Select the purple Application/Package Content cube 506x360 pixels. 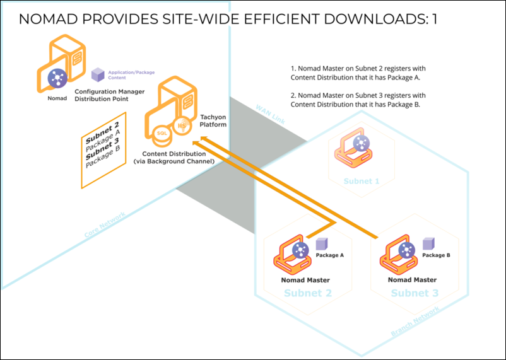(x=98, y=75)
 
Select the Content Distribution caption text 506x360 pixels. (x=174, y=158)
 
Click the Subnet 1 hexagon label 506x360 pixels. (x=362, y=181)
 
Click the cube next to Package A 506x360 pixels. (x=321, y=243)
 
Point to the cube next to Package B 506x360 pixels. (x=428, y=243)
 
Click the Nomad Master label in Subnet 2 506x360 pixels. (x=305, y=280)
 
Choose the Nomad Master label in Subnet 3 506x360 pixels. (x=411, y=280)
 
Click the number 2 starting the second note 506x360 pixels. (x=293, y=95)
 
